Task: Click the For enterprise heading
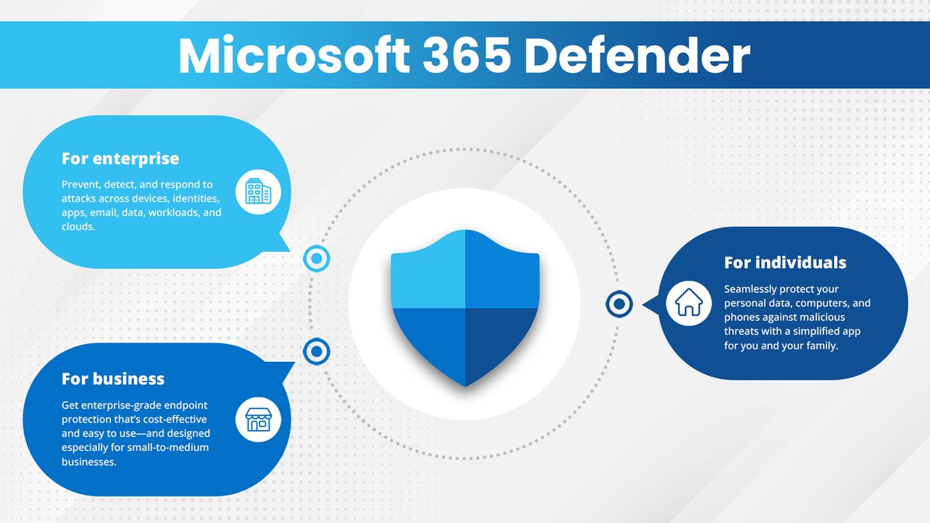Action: click(x=120, y=159)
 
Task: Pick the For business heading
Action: click(x=113, y=379)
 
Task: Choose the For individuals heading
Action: click(x=785, y=263)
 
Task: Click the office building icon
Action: click(x=257, y=191)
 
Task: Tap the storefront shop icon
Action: click(x=257, y=419)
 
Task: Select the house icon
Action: click(x=687, y=302)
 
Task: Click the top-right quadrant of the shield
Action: click(x=500, y=271)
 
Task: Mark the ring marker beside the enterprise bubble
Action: click(x=315, y=259)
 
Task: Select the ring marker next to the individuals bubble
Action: click(x=618, y=305)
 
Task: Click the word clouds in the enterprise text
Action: click(x=78, y=226)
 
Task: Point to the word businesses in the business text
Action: click(x=89, y=462)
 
